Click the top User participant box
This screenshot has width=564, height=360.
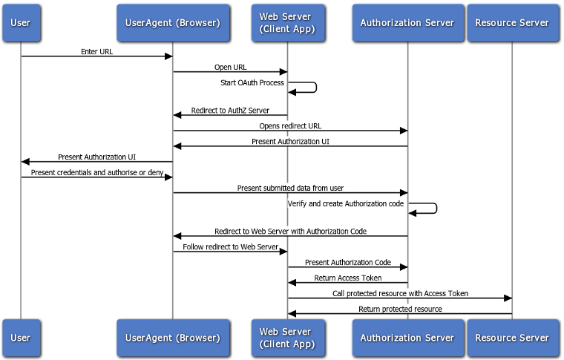pyautogui.click(x=21, y=22)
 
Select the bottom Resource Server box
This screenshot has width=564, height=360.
pyautogui.click(x=512, y=338)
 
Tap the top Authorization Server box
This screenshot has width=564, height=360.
pyautogui.click(x=407, y=22)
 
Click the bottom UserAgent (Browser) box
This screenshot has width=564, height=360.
pyautogui.click(x=173, y=338)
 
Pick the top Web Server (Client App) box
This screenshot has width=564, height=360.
pyautogui.click(x=287, y=22)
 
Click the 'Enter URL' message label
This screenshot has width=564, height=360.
pyautogui.click(x=96, y=52)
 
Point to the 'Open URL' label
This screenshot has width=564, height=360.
pyautogui.click(x=230, y=68)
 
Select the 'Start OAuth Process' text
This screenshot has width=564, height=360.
pyautogui.click(x=252, y=82)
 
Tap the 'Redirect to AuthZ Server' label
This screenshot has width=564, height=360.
pyautogui.click(x=230, y=111)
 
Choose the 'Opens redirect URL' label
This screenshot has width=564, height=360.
pyautogui.click(x=290, y=126)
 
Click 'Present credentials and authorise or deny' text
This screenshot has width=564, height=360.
pyautogui.click(x=96, y=172)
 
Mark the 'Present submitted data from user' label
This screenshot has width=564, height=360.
pyautogui.click(x=290, y=188)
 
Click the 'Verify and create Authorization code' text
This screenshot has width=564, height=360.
pyautogui.click(x=346, y=203)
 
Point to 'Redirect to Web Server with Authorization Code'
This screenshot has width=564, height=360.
pyautogui.click(x=290, y=232)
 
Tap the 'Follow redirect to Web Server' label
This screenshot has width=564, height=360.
pyautogui.click(x=230, y=246)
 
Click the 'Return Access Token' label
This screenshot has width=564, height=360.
pyautogui.click(x=348, y=278)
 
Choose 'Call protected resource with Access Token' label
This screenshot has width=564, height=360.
pyautogui.click(x=400, y=293)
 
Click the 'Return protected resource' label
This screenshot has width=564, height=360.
pyautogui.click(x=400, y=309)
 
